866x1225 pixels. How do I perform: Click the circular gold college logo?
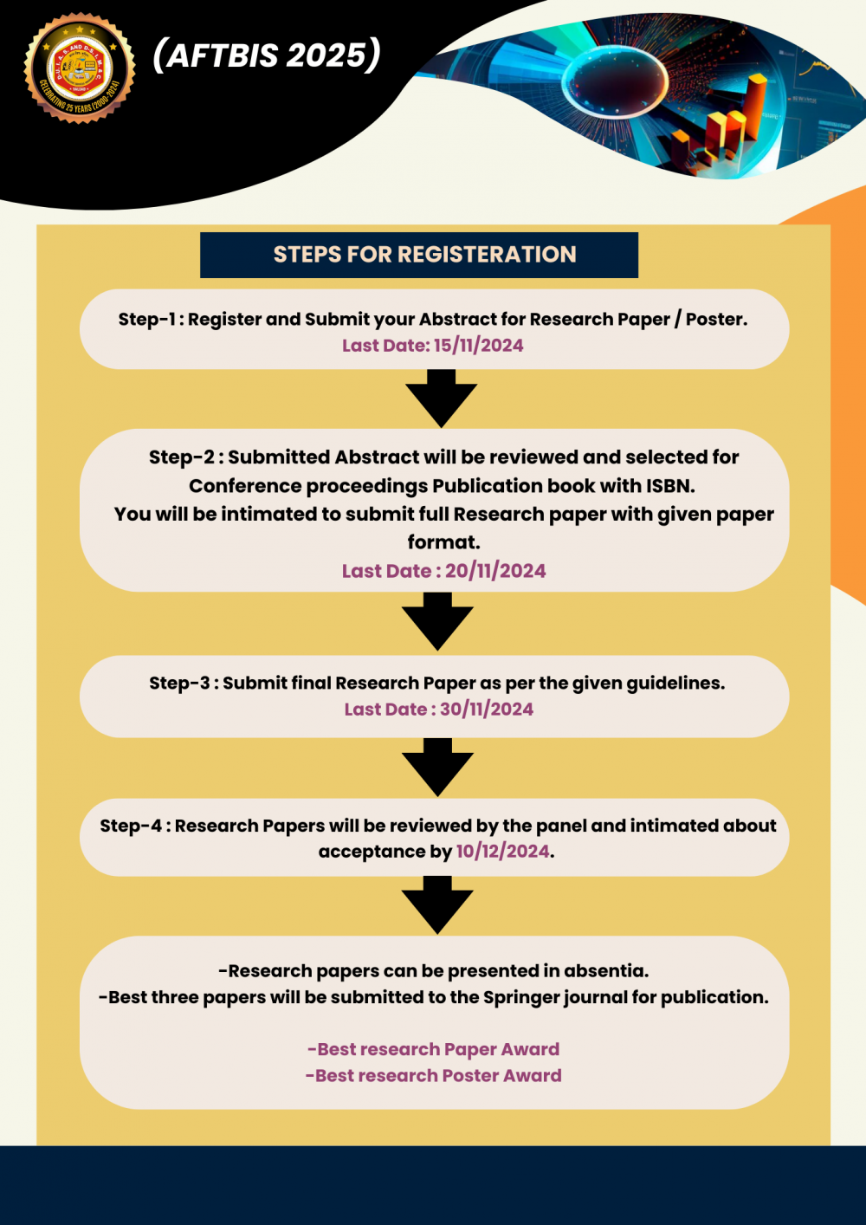coord(80,68)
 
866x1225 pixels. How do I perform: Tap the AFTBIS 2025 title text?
coord(267,55)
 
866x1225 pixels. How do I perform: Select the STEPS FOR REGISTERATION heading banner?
coord(419,255)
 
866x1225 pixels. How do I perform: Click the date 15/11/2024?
coord(478,346)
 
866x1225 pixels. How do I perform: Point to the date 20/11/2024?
coord(495,571)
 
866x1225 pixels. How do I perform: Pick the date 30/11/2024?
coord(487,710)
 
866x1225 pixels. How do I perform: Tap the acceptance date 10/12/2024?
coord(502,852)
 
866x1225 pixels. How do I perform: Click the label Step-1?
coord(146,320)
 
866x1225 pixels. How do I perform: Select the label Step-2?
coord(181,457)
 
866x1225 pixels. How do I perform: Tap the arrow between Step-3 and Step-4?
coord(437,767)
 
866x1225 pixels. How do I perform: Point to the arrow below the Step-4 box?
coord(437,904)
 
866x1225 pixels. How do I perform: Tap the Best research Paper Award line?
coord(433,1049)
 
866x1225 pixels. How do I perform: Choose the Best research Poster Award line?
coord(433,1076)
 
